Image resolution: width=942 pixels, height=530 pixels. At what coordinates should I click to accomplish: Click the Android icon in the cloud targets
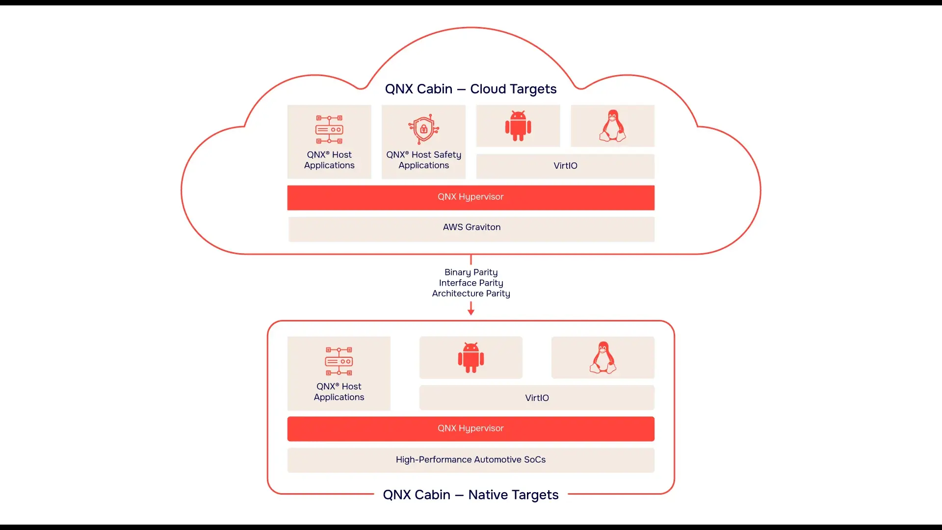(518, 126)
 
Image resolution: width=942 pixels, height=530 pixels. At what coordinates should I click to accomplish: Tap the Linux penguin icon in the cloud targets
(612, 126)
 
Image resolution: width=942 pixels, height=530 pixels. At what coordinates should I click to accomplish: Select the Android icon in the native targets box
(471, 358)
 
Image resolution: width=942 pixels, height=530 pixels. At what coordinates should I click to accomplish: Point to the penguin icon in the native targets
(602, 358)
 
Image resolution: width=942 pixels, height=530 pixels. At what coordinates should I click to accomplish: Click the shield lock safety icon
(423, 129)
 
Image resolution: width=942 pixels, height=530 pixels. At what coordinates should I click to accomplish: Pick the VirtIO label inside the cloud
(565, 166)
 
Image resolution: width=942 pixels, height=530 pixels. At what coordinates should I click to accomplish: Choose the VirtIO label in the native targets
(537, 398)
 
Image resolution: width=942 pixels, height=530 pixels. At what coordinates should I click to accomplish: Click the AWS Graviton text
(471, 227)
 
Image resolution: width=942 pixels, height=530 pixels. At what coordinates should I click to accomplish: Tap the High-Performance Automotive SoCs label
(471, 460)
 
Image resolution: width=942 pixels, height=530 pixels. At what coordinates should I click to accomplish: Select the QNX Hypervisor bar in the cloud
(471, 197)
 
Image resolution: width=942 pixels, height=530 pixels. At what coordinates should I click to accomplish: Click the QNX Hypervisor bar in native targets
(471, 428)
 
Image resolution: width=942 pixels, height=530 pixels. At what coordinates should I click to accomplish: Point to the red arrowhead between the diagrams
(471, 312)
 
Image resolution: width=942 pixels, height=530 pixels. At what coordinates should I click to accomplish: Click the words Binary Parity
(471, 272)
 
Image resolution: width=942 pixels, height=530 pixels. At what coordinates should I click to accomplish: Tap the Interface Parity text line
(471, 283)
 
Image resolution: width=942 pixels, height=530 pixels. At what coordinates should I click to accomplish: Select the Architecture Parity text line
(471, 293)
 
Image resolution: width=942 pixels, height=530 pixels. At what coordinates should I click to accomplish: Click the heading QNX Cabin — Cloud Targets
(471, 89)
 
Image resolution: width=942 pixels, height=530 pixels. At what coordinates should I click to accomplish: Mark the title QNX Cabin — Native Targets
(471, 495)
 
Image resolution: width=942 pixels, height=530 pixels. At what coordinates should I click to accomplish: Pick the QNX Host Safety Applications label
(423, 160)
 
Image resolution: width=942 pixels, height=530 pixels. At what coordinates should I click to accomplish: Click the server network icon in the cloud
(329, 130)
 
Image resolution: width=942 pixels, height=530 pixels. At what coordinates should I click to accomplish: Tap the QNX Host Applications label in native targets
(339, 392)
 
